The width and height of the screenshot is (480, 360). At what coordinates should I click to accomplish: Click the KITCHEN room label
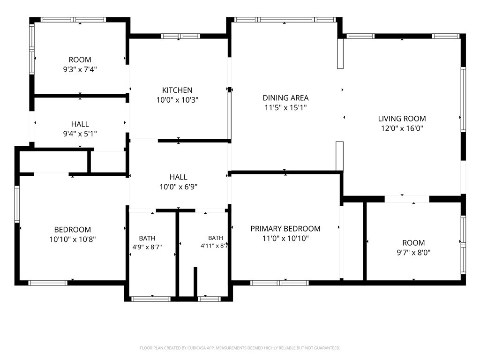coord(177,90)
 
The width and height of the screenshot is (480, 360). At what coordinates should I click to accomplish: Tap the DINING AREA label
coord(285,98)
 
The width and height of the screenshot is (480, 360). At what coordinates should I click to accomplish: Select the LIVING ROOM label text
coord(402,119)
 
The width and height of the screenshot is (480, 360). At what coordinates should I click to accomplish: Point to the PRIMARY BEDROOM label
coord(285,229)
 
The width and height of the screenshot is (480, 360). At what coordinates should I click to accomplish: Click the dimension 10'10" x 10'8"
coord(73,240)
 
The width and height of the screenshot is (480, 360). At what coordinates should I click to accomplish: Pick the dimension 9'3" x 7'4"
coord(80,69)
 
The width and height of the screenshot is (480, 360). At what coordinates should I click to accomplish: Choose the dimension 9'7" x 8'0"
coord(413,253)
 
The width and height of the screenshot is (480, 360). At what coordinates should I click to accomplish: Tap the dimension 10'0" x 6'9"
coord(179,187)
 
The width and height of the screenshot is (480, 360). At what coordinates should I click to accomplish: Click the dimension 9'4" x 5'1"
coord(80,134)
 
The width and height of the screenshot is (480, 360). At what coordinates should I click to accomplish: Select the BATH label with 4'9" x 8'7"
coord(147,238)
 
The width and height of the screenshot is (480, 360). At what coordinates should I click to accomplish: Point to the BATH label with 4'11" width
coord(216,238)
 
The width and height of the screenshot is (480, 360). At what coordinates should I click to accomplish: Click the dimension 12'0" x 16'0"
coord(402,128)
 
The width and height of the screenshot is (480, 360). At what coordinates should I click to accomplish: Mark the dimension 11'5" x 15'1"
coord(285,107)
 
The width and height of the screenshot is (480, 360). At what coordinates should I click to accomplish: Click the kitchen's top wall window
coord(180,36)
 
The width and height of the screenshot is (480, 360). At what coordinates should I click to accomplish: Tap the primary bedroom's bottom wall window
coord(279,283)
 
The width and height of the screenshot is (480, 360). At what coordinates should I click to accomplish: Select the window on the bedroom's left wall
coord(17,204)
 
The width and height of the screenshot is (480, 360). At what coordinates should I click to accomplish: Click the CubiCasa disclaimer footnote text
coord(240,348)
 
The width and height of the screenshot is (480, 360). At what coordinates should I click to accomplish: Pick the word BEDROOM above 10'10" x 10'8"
coord(73,230)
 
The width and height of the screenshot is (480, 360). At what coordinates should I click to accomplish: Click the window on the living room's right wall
coord(464,100)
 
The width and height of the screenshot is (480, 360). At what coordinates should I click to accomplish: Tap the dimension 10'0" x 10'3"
coord(178,100)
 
